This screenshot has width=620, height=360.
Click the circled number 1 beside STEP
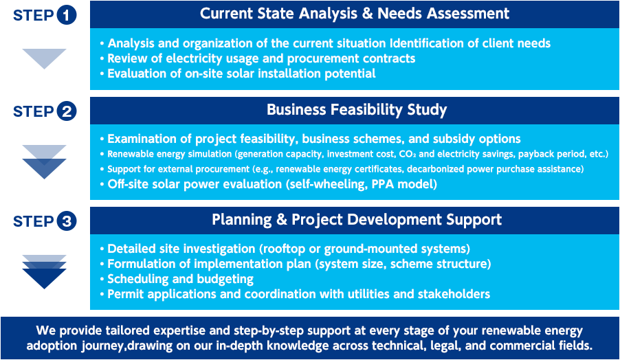[67, 15]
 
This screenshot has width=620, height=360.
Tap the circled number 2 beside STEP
[67, 111]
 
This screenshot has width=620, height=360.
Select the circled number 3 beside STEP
[67, 221]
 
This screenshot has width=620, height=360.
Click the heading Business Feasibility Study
[357, 110]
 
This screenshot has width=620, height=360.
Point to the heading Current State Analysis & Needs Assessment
[355, 14]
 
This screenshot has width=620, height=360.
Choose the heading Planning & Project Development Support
[357, 220]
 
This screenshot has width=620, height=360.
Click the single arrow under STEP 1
[44, 58]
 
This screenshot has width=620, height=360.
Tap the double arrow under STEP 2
[44, 161]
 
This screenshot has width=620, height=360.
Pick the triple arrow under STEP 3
[44, 272]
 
